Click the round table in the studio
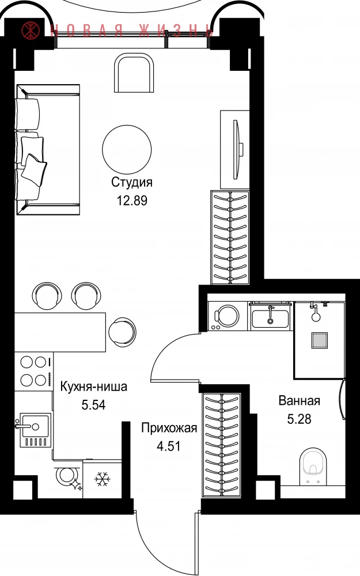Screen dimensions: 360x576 point(127,150)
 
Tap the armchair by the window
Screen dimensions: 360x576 point(134,73)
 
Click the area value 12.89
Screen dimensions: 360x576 point(132,200)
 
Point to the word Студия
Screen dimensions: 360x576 point(132,182)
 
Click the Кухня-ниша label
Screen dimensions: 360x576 point(94,386)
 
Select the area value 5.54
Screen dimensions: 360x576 point(94,405)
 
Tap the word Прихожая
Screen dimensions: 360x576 point(169,429)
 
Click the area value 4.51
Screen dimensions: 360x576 point(169,446)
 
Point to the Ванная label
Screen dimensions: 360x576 point(300,400)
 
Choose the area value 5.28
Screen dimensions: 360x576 point(299,419)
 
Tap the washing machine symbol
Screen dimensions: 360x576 point(223,316)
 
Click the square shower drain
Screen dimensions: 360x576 point(319,340)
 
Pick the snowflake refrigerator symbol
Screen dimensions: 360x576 point(102,479)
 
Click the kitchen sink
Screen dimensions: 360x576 point(34,430)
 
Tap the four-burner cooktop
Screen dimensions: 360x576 point(34,372)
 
